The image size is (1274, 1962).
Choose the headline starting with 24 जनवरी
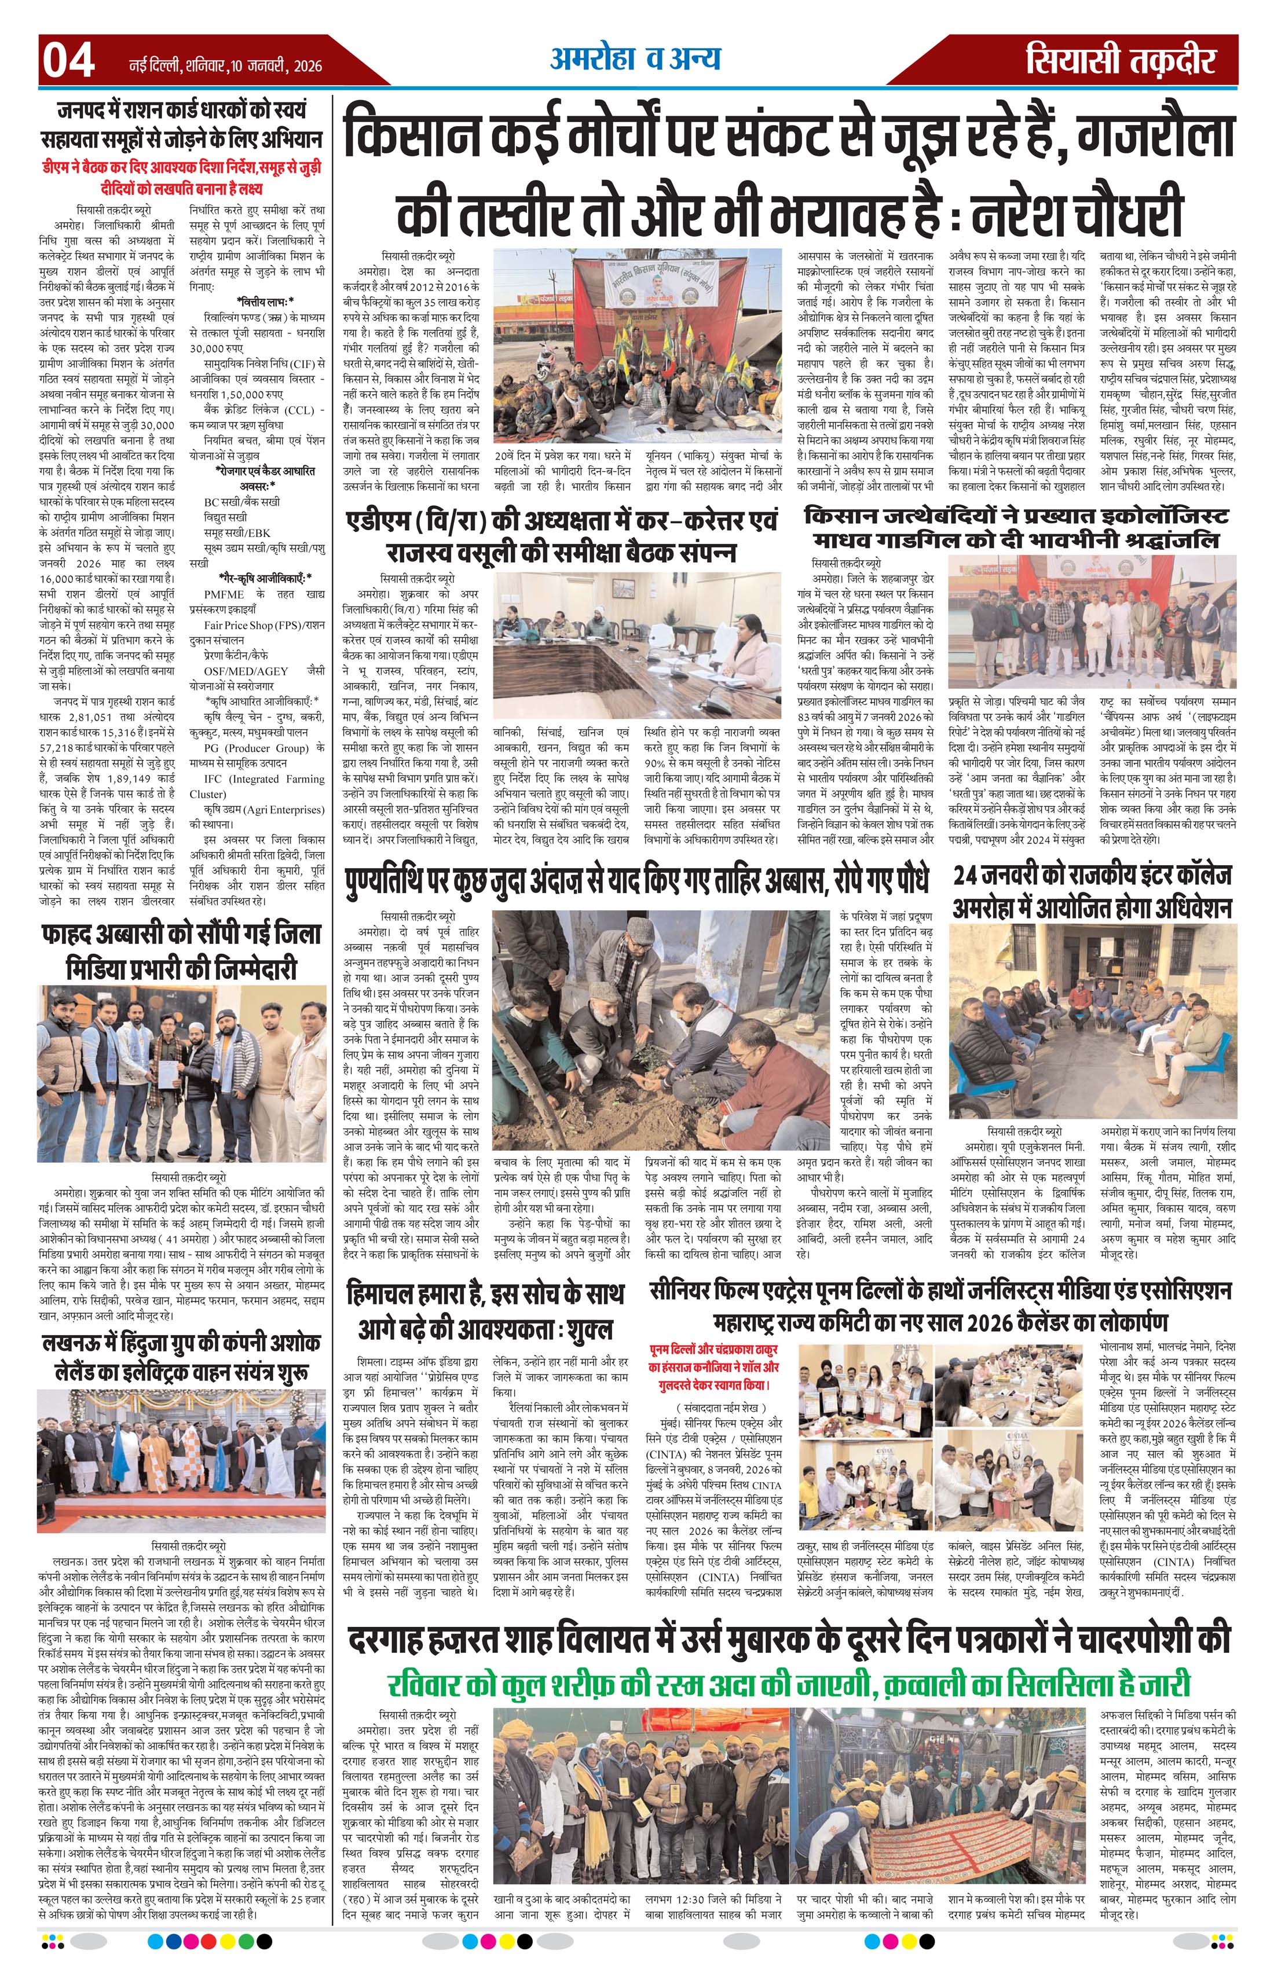click(1092, 890)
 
